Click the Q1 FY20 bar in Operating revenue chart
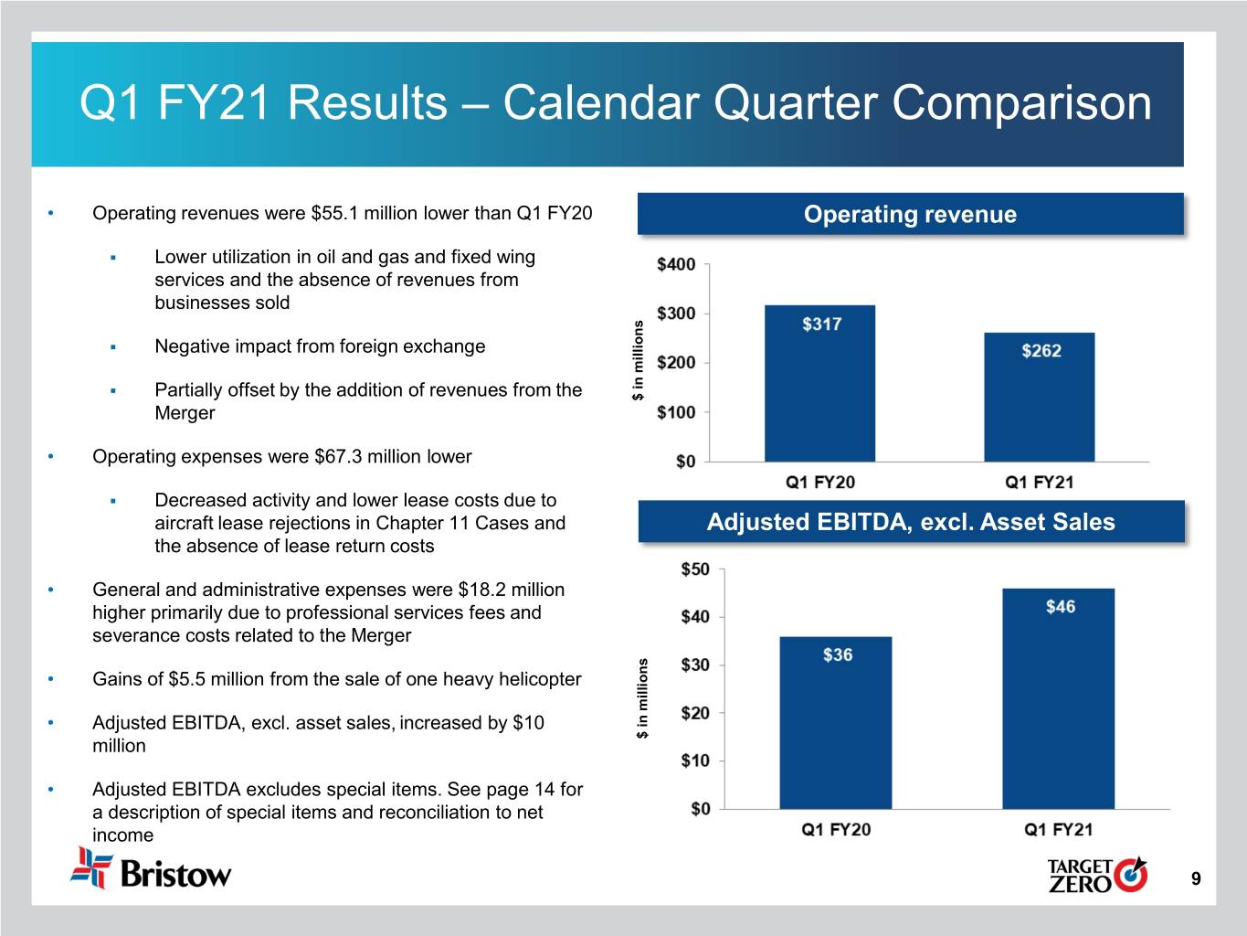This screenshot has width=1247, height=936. tap(819, 384)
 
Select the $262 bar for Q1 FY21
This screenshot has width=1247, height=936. tap(1039, 398)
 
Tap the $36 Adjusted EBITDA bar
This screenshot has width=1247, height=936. tap(835, 722)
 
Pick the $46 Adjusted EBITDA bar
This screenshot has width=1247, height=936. tap(1058, 699)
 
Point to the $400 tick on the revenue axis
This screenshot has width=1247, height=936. tap(676, 265)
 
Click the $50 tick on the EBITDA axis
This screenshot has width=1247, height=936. tap(694, 569)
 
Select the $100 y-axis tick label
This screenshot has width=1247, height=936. tap(676, 412)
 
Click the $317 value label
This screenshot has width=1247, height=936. tap(821, 324)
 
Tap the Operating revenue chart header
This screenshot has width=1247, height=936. tap(910, 215)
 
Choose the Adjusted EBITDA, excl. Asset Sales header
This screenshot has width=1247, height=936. tap(911, 522)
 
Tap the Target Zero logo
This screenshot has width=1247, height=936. tap(1096, 875)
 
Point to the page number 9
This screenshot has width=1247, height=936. tap(1196, 879)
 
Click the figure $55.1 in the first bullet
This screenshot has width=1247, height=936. tap(334, 214)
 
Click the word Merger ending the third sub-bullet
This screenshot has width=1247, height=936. tap(185, 413)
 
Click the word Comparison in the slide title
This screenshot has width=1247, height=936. tap(1021, 102)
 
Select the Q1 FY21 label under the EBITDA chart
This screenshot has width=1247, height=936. tap(1058, 830)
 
